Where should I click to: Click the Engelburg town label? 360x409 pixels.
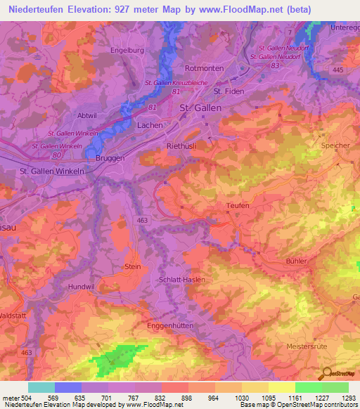click(x=127, y=51)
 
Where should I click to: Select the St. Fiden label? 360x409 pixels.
click(x=228, y=91)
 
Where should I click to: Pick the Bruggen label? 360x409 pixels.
click(x=110, y=158)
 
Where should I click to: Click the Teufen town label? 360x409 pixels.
click(x=238, y=204)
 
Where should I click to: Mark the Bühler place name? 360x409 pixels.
click(x=297, y=261)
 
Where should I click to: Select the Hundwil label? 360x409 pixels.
click(x=81, y=287)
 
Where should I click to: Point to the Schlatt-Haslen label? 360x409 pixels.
click(x=182, y=279)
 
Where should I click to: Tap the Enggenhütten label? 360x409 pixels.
click(x=169, y=326)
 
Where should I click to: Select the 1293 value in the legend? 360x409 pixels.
click(x=349, y=398)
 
